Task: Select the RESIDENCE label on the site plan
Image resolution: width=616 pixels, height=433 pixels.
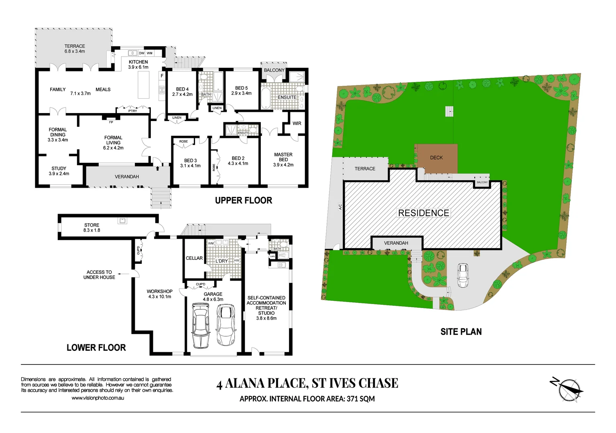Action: click(423, 213)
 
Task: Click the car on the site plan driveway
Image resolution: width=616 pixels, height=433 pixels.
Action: click(463, 275)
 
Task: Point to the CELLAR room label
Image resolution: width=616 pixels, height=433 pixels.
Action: click(194, 258)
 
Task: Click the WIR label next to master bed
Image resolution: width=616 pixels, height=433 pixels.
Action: click(297, 123)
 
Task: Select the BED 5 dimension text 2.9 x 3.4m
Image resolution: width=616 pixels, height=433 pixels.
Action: click(241, 93)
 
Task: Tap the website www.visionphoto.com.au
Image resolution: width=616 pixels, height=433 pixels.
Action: click(98, 398)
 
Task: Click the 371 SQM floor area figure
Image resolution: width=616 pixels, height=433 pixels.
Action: click(361, 399)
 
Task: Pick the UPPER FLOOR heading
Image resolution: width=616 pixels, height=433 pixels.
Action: click(243, 200)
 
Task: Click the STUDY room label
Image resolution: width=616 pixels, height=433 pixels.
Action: click(59, 168)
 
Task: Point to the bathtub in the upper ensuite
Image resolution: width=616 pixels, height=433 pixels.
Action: click(266, 99)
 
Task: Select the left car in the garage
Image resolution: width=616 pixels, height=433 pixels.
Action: click(200, 325)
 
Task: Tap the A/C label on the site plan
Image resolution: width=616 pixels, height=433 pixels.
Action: click(340, 207)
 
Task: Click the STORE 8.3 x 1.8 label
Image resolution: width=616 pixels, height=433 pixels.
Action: click(91, 228)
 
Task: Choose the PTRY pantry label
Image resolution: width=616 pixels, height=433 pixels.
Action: click(132, 111)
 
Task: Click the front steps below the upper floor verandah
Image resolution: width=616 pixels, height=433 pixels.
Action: click(160, 198)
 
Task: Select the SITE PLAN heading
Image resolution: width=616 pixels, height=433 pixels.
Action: click(461, 332)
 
